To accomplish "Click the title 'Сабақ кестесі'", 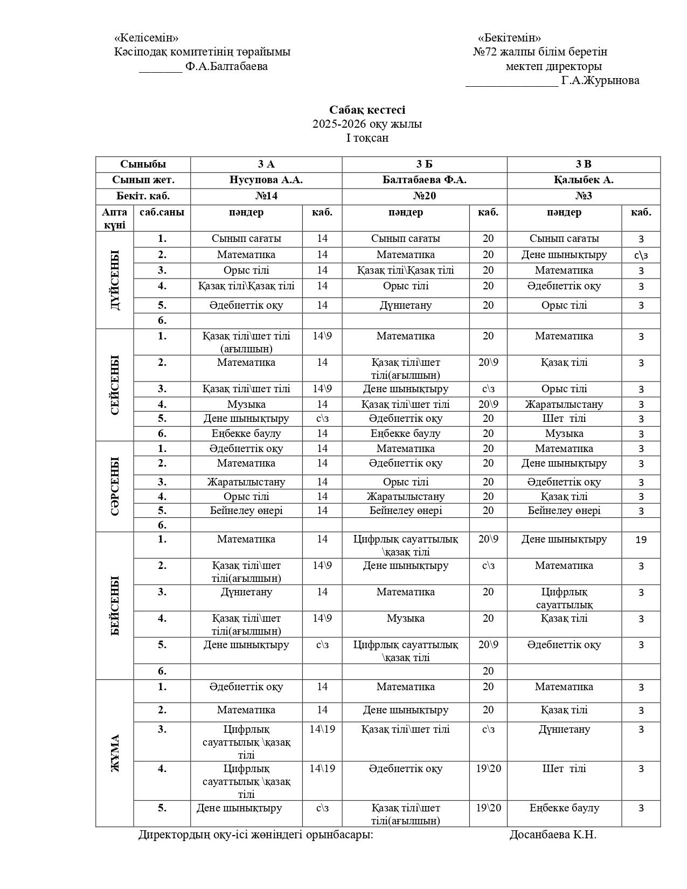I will tap(367, 110).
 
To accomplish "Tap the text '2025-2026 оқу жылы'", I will tap(367, 124).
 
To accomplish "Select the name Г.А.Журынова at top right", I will tap(600, 81).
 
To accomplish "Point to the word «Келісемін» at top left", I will tap(146, 38).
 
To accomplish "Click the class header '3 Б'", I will tap(424, 164).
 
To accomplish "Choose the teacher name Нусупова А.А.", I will tap(266, 180).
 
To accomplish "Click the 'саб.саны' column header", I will tap(162, 212).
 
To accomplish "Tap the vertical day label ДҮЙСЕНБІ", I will tap(115, 280).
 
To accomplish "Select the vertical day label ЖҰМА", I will tap(115, 753).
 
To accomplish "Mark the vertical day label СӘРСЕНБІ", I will tap(115, 486).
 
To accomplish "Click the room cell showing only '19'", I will tap(641, 539).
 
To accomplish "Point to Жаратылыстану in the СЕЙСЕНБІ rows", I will tap(564, 404).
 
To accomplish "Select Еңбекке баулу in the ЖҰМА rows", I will tap(564, 808).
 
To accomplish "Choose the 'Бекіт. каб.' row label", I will tap(143, 196).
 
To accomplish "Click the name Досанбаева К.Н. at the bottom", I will tap(553, 835).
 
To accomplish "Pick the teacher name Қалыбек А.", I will tap(583, 180).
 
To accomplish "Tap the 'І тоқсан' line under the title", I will tap(367, 138).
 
